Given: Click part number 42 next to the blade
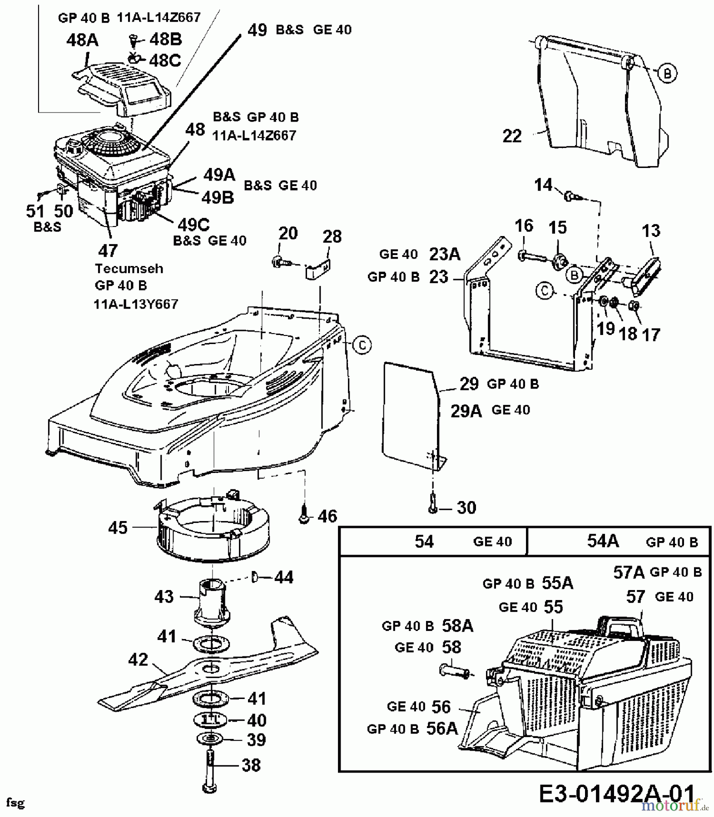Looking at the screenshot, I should (138, 660).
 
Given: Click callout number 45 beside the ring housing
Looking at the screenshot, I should (118, 527).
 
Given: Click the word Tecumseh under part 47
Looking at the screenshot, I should (129, 268).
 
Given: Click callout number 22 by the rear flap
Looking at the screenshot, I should (512, 136).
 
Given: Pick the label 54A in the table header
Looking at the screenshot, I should (603, 541).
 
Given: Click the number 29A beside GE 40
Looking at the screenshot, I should (466, 411).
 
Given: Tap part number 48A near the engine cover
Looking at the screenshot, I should (82, 40).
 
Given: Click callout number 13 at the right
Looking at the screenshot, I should (651, 231).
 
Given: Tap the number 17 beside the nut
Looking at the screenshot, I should (651, 335).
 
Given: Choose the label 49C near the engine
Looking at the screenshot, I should (193, 224).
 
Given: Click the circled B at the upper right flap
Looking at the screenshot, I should (667, 73).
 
